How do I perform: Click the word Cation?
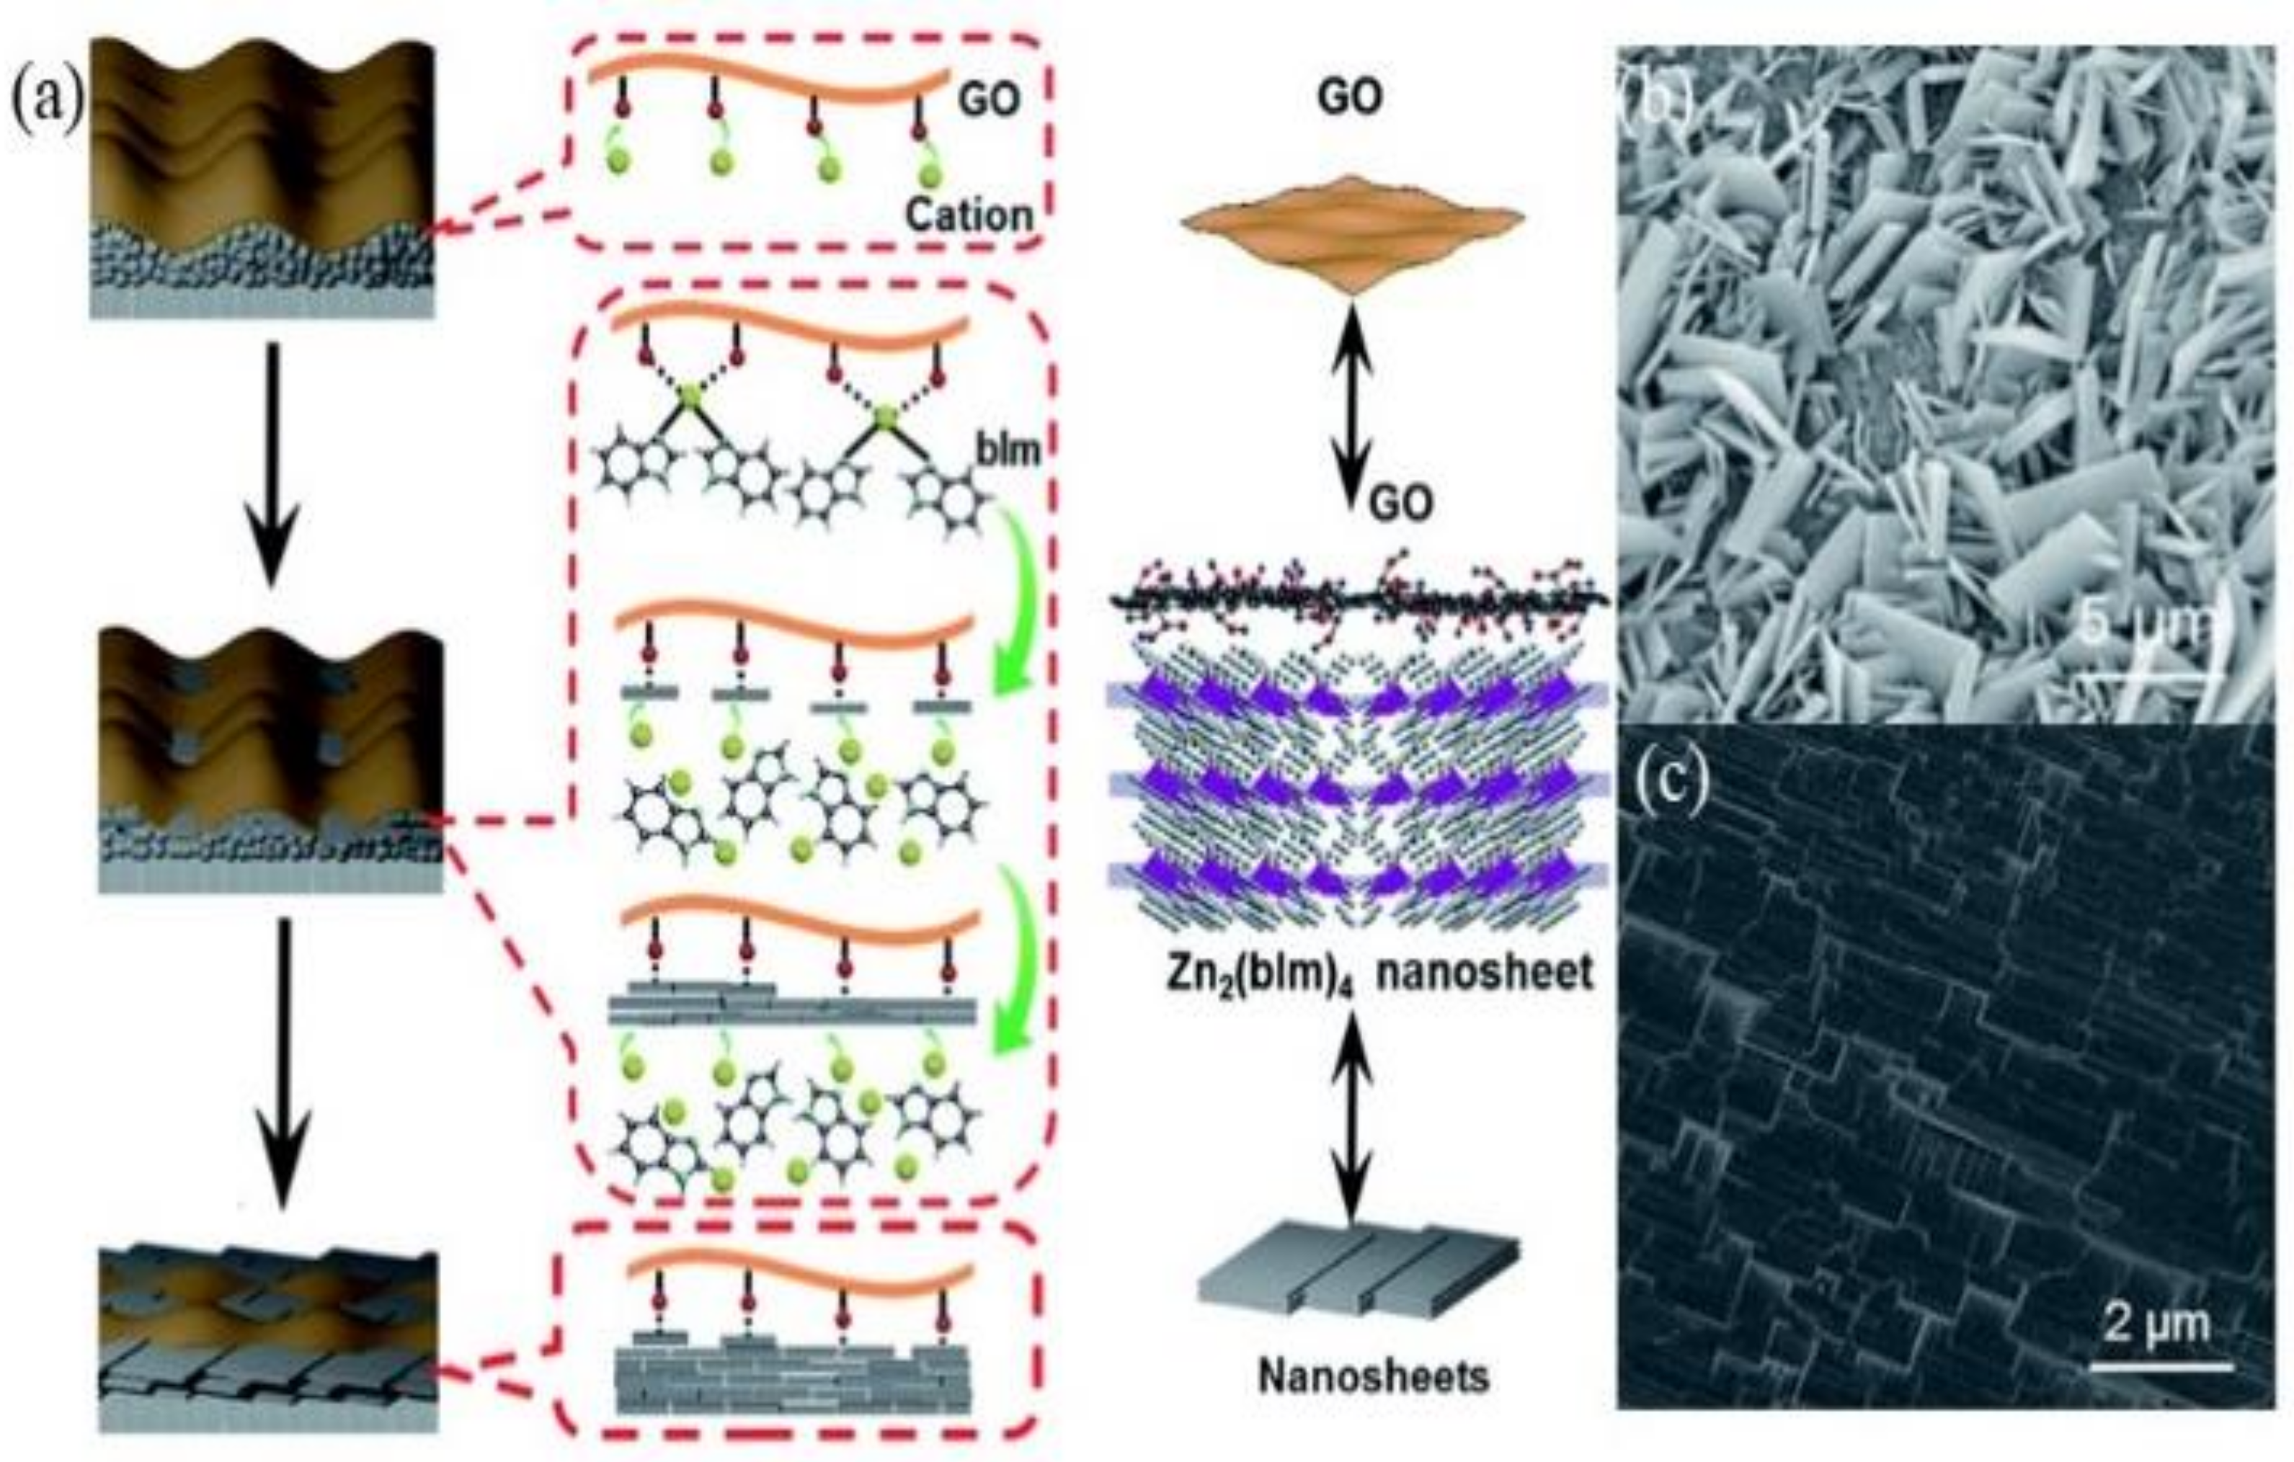click(x=968, y=216)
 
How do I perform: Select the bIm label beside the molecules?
click(x=1007, y=449)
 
